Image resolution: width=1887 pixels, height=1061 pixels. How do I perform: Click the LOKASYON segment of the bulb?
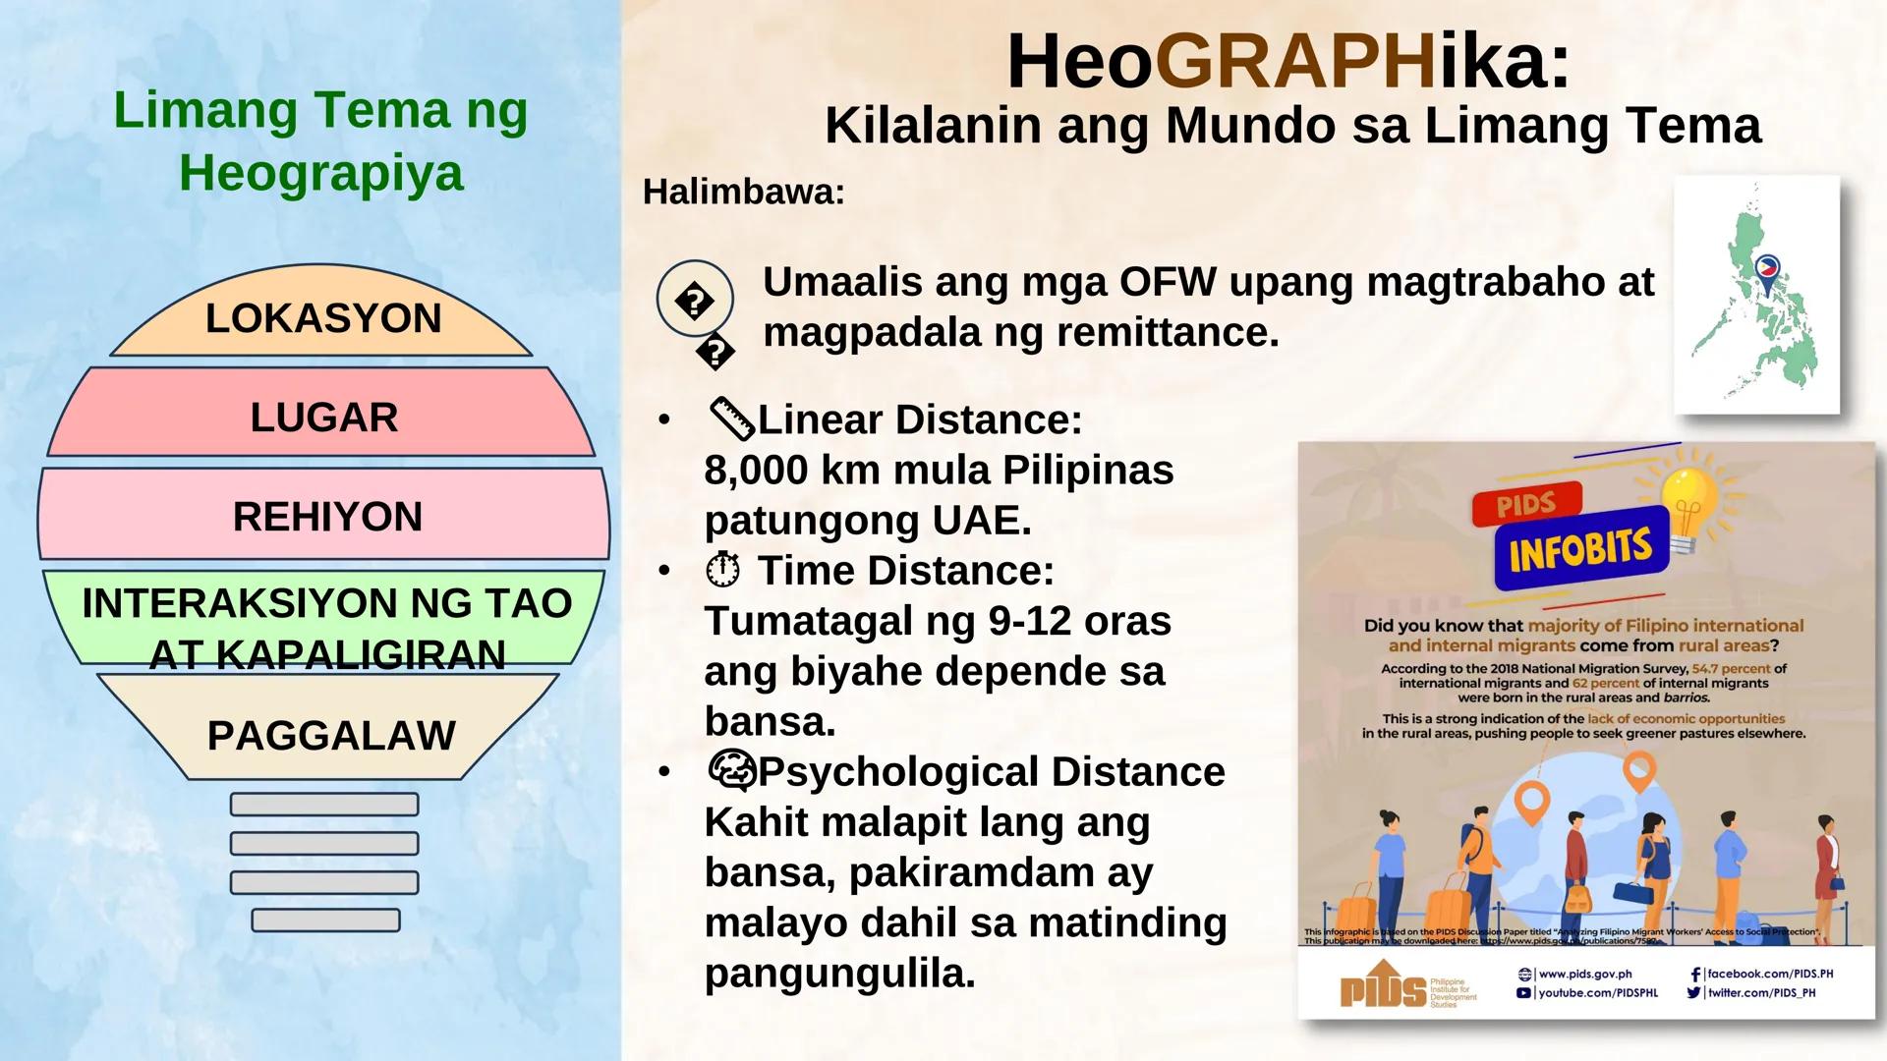coord(322,318)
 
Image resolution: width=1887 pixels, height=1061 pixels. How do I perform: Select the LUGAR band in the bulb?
coord(323,417)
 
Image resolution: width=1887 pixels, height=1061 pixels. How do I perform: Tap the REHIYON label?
coord(327,517)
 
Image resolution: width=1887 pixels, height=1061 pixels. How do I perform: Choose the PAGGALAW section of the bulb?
coord(331,735)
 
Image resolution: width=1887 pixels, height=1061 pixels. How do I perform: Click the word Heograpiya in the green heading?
coord(320,173)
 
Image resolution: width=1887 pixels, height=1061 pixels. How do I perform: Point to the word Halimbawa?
coord(743,192)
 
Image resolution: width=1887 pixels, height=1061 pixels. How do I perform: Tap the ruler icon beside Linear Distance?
coord(730,419)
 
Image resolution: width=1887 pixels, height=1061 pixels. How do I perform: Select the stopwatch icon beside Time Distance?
coord(723,570)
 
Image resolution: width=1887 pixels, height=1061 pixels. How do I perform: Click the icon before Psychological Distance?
coord(731,771)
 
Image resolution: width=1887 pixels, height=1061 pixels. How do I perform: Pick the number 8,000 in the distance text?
coord(755,470)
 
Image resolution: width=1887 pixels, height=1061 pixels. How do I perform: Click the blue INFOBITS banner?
coord(1580,548)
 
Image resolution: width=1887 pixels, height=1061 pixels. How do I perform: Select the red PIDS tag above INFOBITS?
coord(1525,505)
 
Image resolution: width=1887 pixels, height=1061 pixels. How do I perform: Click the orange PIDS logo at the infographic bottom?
coord(1383,990)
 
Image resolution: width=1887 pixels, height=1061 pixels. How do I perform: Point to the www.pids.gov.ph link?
coord(1584,974)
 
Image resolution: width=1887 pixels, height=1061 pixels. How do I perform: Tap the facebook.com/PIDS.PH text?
coord(1769,974)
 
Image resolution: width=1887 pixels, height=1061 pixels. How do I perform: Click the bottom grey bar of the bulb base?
coord(325,921)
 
